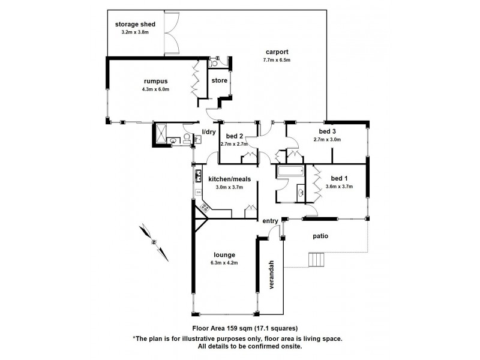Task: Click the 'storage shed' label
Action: [135, 24]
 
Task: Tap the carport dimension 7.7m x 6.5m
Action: [276, 60]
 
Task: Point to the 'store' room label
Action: [218, 82]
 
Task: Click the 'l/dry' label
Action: [208, 131]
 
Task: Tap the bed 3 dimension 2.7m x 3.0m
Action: [327, 139]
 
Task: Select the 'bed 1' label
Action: [339, 178]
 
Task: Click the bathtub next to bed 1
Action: [290, 173]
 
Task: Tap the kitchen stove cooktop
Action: [204, 207]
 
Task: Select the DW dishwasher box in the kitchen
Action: [198, 192]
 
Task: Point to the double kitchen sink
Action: [197, 176]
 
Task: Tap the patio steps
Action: [316, 260]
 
